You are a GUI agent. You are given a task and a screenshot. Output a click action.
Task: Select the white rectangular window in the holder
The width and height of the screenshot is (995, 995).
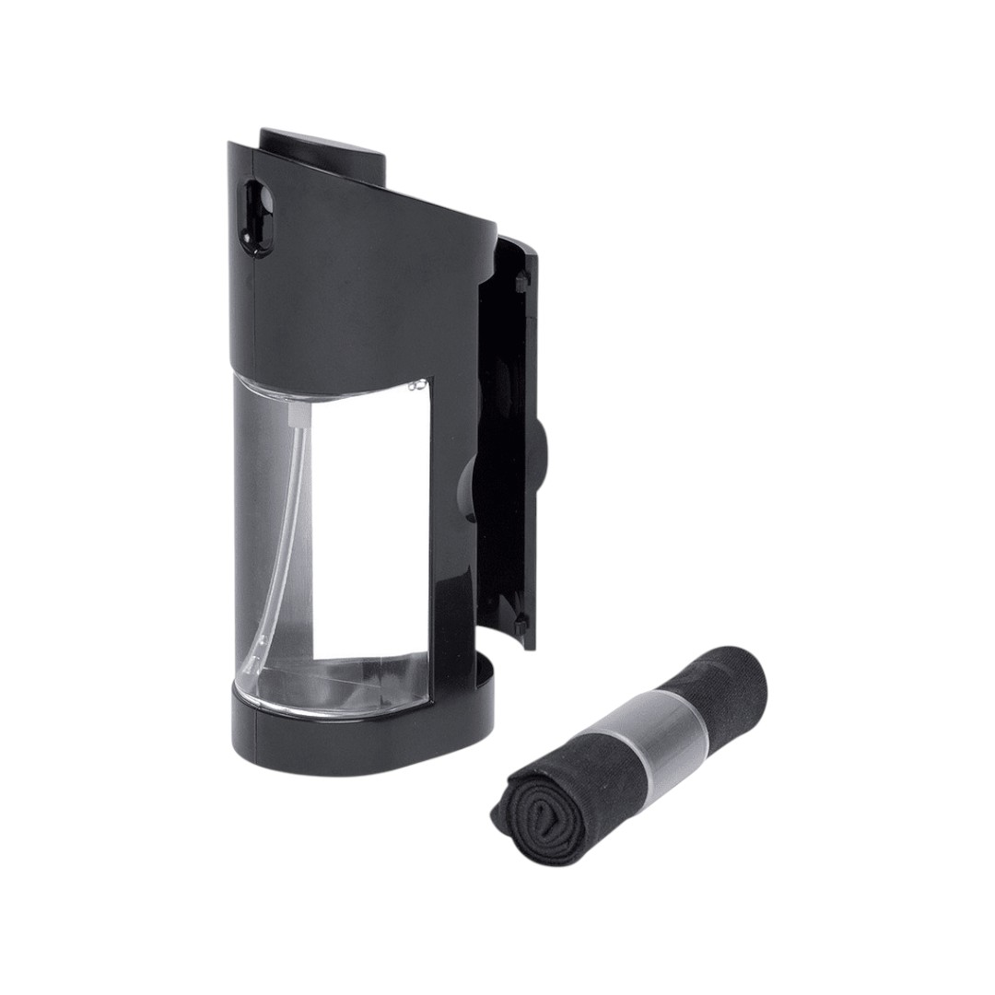coord(369,525)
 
